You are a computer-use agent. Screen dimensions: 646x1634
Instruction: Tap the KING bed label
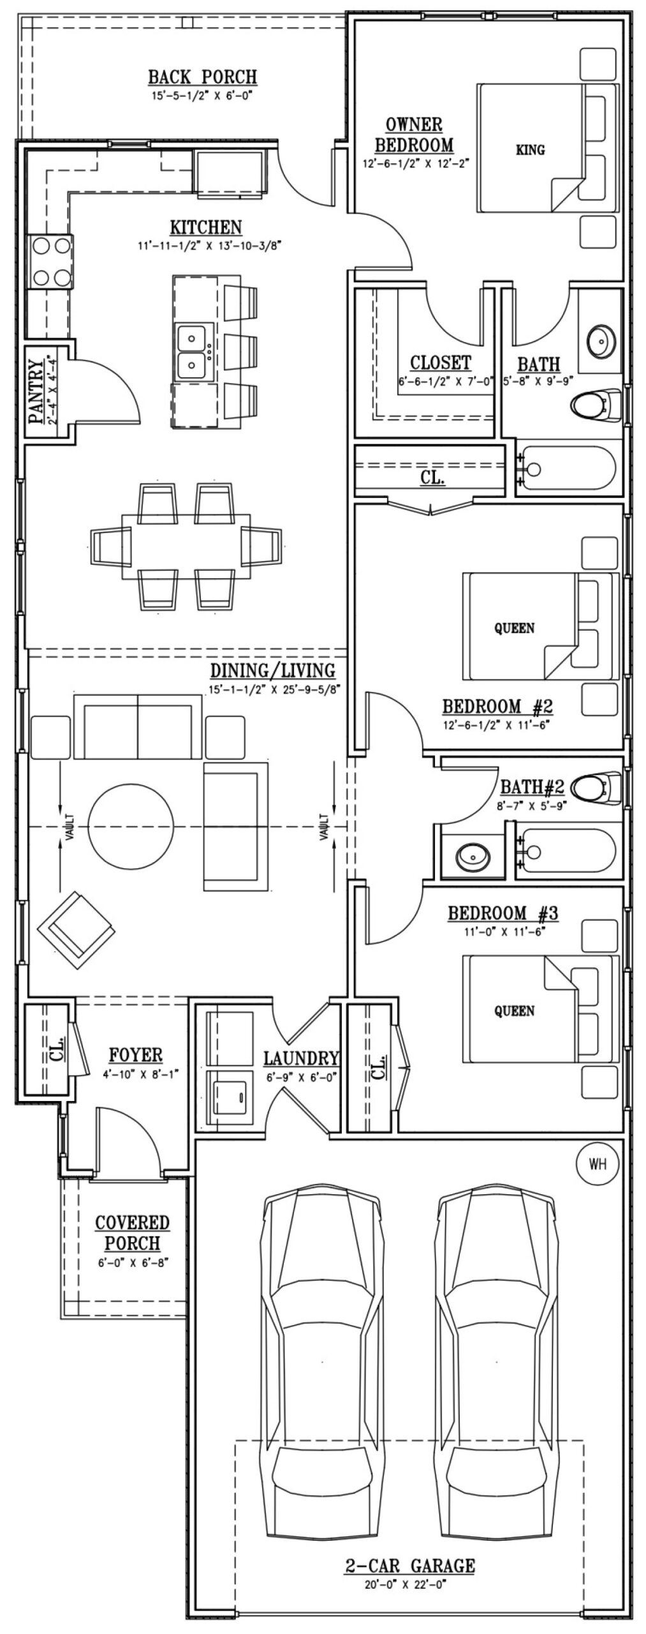click(530, 150)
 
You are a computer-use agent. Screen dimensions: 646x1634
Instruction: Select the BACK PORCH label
click(203, 77)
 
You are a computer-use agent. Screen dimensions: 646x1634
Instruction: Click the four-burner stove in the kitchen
click(50, 262)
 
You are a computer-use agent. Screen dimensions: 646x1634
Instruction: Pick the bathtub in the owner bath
click(567, 470)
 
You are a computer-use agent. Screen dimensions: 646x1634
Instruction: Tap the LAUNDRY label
click(300, 1058)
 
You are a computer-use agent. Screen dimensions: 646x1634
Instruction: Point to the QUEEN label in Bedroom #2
click(514, 628)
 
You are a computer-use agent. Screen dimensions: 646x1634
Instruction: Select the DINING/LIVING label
click(272, 671)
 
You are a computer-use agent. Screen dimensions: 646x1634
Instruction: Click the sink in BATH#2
click(474, 854)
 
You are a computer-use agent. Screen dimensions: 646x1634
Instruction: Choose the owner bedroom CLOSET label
click(440, 363)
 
